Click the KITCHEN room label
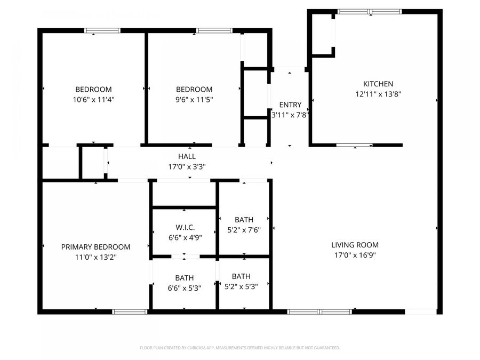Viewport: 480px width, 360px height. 378,84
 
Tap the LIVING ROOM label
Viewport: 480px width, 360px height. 355,245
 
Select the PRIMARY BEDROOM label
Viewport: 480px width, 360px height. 95,247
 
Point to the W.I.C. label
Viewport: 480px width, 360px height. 184,228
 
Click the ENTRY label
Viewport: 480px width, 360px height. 290,105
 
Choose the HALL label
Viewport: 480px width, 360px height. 187,156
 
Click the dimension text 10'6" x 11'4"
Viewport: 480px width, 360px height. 93,99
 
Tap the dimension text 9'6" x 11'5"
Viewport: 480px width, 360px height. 194,99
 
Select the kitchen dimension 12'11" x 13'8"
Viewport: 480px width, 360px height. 378,94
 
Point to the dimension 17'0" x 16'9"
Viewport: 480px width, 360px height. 355,255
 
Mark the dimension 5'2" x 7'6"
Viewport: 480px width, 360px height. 243,230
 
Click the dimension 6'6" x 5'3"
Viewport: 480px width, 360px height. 184,288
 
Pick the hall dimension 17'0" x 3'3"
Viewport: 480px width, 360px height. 187,166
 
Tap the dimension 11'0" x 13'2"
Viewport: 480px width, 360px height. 95,257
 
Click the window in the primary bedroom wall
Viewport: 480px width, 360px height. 130,311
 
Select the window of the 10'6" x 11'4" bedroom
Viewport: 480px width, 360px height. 102,31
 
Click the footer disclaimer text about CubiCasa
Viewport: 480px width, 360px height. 239,348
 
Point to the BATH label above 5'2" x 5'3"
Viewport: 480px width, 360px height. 241,276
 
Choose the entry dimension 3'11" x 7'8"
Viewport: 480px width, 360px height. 291,115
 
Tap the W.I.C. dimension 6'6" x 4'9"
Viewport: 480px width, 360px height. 184,238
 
